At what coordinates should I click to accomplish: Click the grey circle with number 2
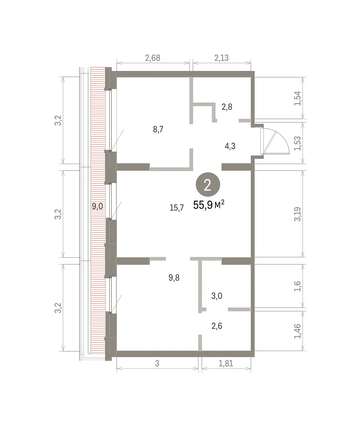[208, 185]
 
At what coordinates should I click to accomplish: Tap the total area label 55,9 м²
[208, 204]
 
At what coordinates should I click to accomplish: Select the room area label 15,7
[176, 208]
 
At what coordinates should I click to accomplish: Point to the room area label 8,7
[158, 129]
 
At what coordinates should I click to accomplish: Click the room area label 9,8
[174, 278]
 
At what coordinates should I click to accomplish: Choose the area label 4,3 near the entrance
[230, 146]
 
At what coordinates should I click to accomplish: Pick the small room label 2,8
[227, 107]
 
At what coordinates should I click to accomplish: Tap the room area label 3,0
[217, 296]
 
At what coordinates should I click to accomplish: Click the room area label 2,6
[217, 326]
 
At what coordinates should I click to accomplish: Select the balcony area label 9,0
[97, 207]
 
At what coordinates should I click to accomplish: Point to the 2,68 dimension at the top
[153, 58]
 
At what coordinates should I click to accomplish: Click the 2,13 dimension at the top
[222, 58]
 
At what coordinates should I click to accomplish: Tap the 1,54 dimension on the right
[298, 98]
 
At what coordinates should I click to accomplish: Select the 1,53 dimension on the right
[298, 143]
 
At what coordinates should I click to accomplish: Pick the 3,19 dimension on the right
[298, 214]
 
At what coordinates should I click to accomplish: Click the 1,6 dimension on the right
[298, 286]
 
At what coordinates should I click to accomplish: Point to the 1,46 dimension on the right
[298, 331]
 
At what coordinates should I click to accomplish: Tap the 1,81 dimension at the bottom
[226, 364]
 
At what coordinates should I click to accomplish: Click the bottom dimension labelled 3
[157, 364]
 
